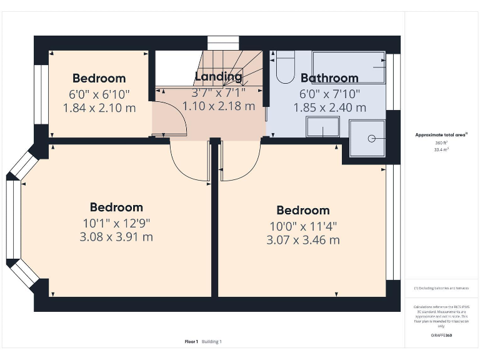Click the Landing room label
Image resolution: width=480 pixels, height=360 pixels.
tap(218, 77)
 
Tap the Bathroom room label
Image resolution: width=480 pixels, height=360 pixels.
tap(329, 78)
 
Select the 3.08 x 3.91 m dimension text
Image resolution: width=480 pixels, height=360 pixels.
tap(116, 237)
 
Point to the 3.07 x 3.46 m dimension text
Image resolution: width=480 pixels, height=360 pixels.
tap(303, 240)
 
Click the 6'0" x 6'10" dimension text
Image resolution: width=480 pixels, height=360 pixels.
tap(99, 94)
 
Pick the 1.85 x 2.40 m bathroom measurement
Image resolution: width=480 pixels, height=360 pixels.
tap(329, 107)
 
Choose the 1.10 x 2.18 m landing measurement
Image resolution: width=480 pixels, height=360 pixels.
tap(218, 106)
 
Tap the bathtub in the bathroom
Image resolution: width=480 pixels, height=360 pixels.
tap(349, 67)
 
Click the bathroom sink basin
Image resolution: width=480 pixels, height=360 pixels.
tap(322, 127)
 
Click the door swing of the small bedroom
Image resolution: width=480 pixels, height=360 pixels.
tap(170, 116)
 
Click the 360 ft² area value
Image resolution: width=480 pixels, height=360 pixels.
tap(442, 143)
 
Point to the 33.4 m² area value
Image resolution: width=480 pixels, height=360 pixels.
tap(442, 150)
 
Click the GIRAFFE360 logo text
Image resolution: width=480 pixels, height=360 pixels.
tap(442, 336)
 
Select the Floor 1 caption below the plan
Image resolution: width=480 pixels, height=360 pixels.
tap(191, 341)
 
